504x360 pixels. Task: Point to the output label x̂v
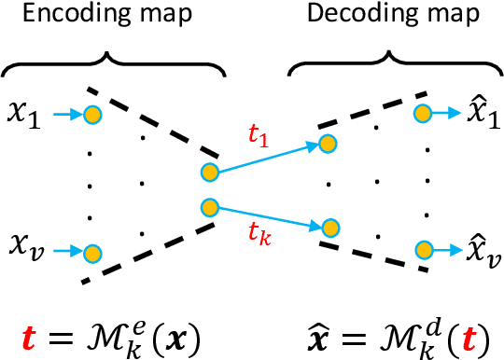(478, 249)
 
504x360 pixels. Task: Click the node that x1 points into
(91, 115)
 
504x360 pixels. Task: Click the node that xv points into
(91, 252)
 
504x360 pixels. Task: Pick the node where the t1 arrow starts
(209, 172)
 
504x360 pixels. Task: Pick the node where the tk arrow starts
(209, 207)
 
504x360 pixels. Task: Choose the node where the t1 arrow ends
(327, 143)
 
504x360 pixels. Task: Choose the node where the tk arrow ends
(327, 226)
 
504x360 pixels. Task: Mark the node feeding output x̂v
(423, 250)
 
